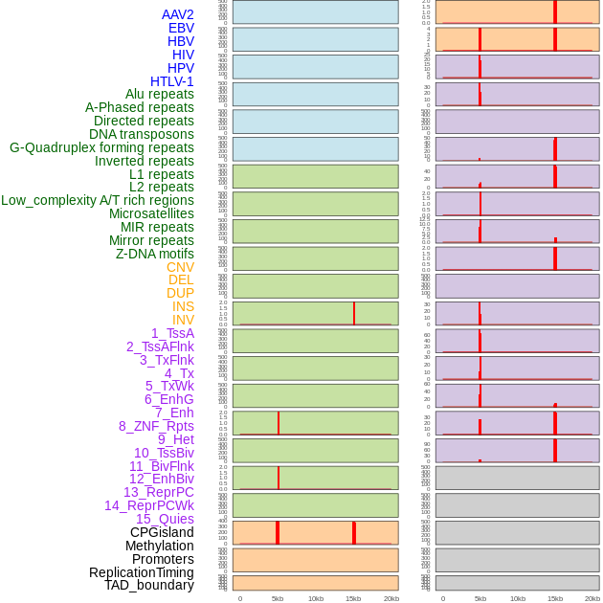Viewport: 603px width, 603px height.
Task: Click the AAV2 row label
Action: click(177, 14)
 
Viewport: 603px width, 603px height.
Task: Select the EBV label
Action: click(180, 28)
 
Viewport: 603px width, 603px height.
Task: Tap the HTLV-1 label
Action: click(171, 81)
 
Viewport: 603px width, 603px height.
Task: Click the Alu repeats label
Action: click(159, 94)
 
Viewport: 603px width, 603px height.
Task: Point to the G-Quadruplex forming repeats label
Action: click(101, 147)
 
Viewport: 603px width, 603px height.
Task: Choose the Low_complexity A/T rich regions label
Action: click(98, 200)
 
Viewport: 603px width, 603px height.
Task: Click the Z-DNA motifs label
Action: click(154, 254)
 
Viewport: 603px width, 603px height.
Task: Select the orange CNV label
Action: click(180, 267)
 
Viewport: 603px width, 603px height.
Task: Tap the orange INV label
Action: click(183, 320)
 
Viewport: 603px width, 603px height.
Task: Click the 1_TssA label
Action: click(172, 333)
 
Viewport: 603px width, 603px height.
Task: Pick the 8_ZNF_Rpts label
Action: click(156, 426)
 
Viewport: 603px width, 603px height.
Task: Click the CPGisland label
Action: click(162, 532)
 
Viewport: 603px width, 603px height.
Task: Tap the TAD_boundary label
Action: click(149, 585)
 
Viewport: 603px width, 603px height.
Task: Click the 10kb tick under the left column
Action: click(315, 598)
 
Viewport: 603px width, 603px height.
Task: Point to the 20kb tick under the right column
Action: click(592, 598)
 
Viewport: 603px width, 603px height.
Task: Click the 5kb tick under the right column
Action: click(480, 598)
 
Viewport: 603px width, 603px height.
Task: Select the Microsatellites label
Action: click(151, 213)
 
